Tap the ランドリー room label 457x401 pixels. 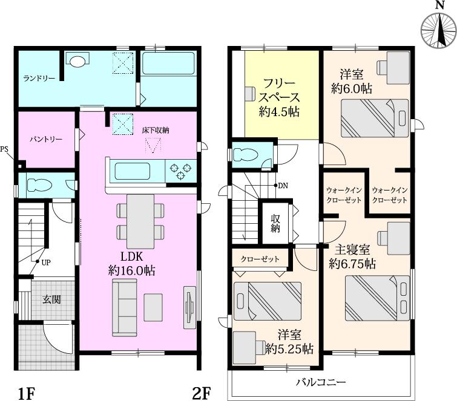coord(39,79)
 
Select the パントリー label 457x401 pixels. coord(46,140)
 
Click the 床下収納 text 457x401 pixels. coord(156,130)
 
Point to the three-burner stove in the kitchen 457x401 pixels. coord(181,171)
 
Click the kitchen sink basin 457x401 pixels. coord(133,171)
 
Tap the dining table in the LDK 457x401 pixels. coord(140,221)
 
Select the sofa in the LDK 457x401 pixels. coord(125,308)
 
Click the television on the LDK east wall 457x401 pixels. coord(189,307)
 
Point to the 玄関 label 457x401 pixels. coord(51,299)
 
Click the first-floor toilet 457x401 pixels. coord(39,184)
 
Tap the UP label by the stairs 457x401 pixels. coord(46,262)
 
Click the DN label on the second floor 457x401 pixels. coord(283,186)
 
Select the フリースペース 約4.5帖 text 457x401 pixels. coord(279,97)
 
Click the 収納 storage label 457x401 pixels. coord(275,223)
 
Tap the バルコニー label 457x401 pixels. coord(321,382)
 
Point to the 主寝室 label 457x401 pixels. coord(352,250)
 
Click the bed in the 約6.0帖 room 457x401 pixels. coord(375,118)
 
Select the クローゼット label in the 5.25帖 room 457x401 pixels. coord(260,259)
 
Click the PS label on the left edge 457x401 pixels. coord(4,149)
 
